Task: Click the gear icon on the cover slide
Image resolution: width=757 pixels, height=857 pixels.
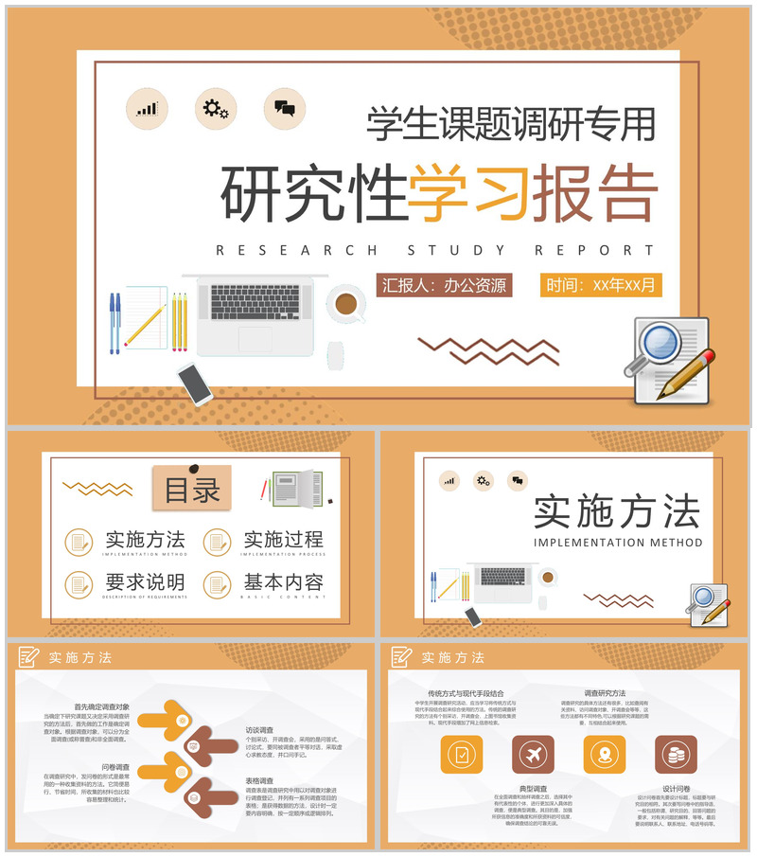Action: (x=215, y=108)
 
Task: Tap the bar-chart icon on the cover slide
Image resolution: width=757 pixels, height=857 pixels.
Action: (x=146, y=108)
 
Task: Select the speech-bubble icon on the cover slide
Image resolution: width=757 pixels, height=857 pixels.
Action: (x=284, y=108)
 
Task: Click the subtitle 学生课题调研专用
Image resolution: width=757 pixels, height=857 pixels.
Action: (x=511, y=123)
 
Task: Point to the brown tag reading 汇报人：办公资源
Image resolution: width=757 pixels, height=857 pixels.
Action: (x=444, y=284)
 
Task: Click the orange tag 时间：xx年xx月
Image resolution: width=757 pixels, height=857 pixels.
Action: (x=600, y=284)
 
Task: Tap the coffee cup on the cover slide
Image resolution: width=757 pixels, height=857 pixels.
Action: (x=345, y=304)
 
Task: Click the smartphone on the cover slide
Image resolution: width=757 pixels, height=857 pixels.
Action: (x=195, y=383)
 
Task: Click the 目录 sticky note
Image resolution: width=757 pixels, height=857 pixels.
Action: (x=192, y=490)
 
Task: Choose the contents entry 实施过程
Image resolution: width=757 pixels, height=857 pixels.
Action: (x=283, y=540)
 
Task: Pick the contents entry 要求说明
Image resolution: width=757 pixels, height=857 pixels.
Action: (x=145, y=582)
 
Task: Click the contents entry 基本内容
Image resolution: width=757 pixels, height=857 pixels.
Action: (x=283, y=582)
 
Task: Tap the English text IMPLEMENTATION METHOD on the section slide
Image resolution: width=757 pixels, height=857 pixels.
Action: (x=618, y=544)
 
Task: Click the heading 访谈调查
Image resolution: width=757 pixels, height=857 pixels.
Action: (x=259, y=731)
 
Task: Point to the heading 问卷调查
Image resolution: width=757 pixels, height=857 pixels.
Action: (x=115, y=767)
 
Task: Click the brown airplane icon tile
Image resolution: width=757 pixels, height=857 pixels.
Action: (x=533, y=755)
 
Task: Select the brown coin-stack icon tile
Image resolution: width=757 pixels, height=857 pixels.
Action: (x=676, y=755)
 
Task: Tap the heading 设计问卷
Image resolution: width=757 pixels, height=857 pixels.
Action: (x=676, y=788)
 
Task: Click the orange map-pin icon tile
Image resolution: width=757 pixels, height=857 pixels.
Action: (x=604, y=755)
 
